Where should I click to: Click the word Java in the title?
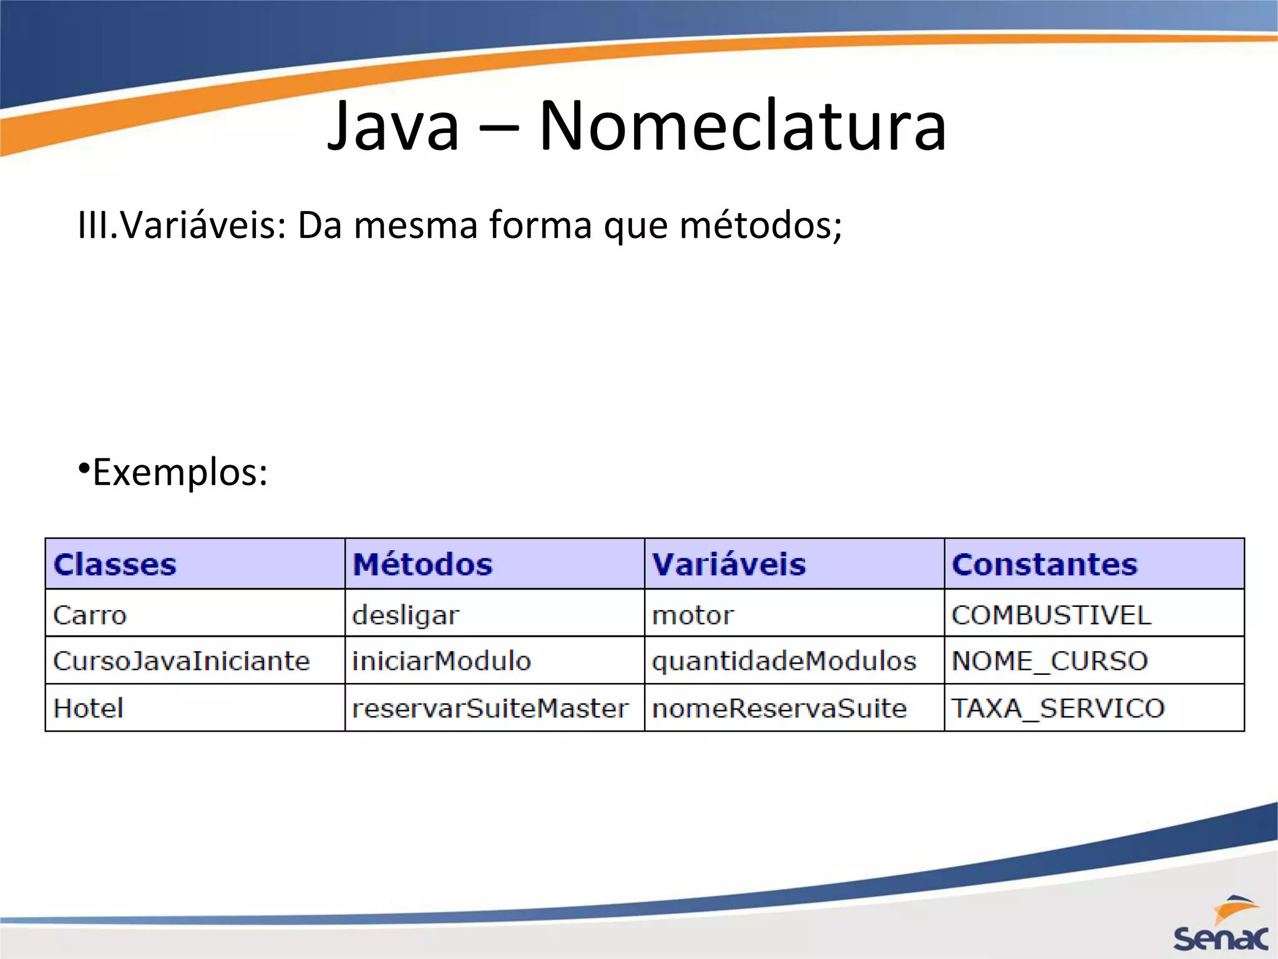(393, 127)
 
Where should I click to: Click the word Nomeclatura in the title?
(743, 127)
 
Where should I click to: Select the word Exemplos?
(180, 473)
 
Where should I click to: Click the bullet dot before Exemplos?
(84, 468)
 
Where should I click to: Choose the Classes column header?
(115, 564)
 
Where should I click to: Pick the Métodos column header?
(422, 564)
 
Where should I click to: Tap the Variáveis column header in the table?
(729, 564)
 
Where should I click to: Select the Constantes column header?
(1045, 564)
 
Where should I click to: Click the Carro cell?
(90, 616)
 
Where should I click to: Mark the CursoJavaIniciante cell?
(181, 661)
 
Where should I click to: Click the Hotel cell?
(89, 709)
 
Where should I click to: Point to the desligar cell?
(406, 616)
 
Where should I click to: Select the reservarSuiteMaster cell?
(490, 709)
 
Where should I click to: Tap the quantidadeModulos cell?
(784, 661)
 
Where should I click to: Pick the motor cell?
(693, 616)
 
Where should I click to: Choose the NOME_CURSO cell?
(1050, 661)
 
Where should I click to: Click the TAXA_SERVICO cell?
(1058, 709)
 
